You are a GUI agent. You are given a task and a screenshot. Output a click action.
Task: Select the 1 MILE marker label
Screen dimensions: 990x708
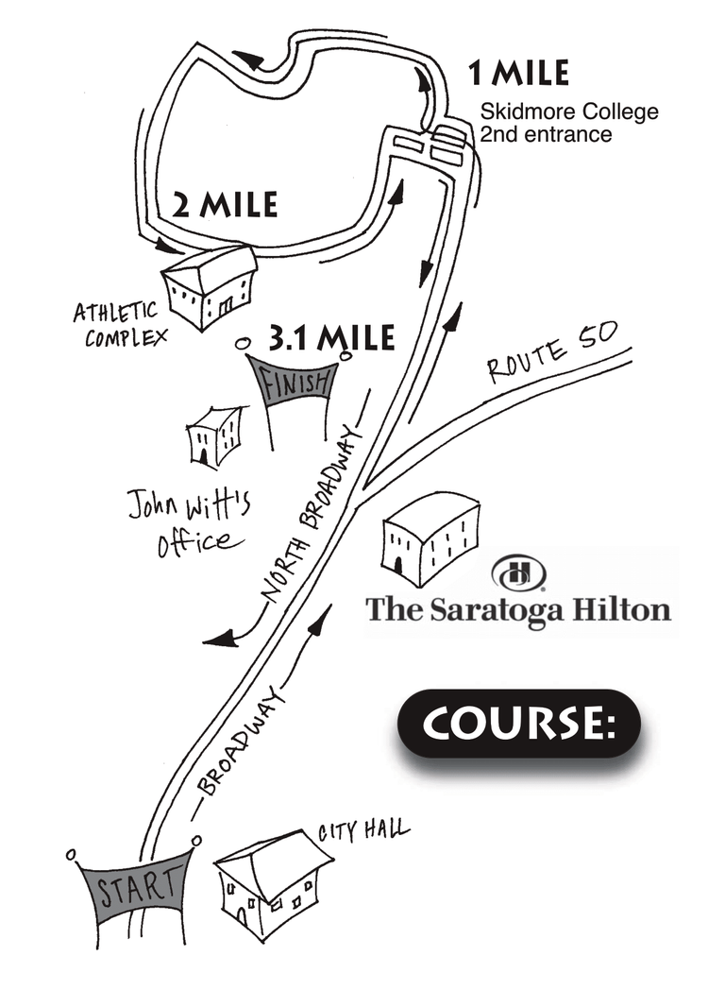click(x=518, y=73)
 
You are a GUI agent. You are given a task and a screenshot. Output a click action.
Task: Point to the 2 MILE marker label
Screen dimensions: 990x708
click(x=225, y=203)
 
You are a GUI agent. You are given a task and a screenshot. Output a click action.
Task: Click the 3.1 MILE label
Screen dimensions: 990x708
click(x=330, y=337)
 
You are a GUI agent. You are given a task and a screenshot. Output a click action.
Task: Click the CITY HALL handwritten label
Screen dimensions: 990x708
click(x=363, y=830)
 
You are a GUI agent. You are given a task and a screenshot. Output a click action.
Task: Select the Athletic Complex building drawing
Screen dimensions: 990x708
click(x=209, y=286)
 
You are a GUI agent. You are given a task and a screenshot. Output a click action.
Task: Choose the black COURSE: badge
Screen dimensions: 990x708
click(x=519, y=724)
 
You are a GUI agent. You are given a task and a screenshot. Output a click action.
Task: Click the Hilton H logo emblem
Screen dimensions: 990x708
click(x=518, y=573)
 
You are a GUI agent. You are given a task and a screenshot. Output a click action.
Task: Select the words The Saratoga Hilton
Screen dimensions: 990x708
click(x=518, y=609)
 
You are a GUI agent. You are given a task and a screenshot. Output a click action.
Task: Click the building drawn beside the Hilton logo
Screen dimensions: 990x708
click(x=430, y=536)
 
